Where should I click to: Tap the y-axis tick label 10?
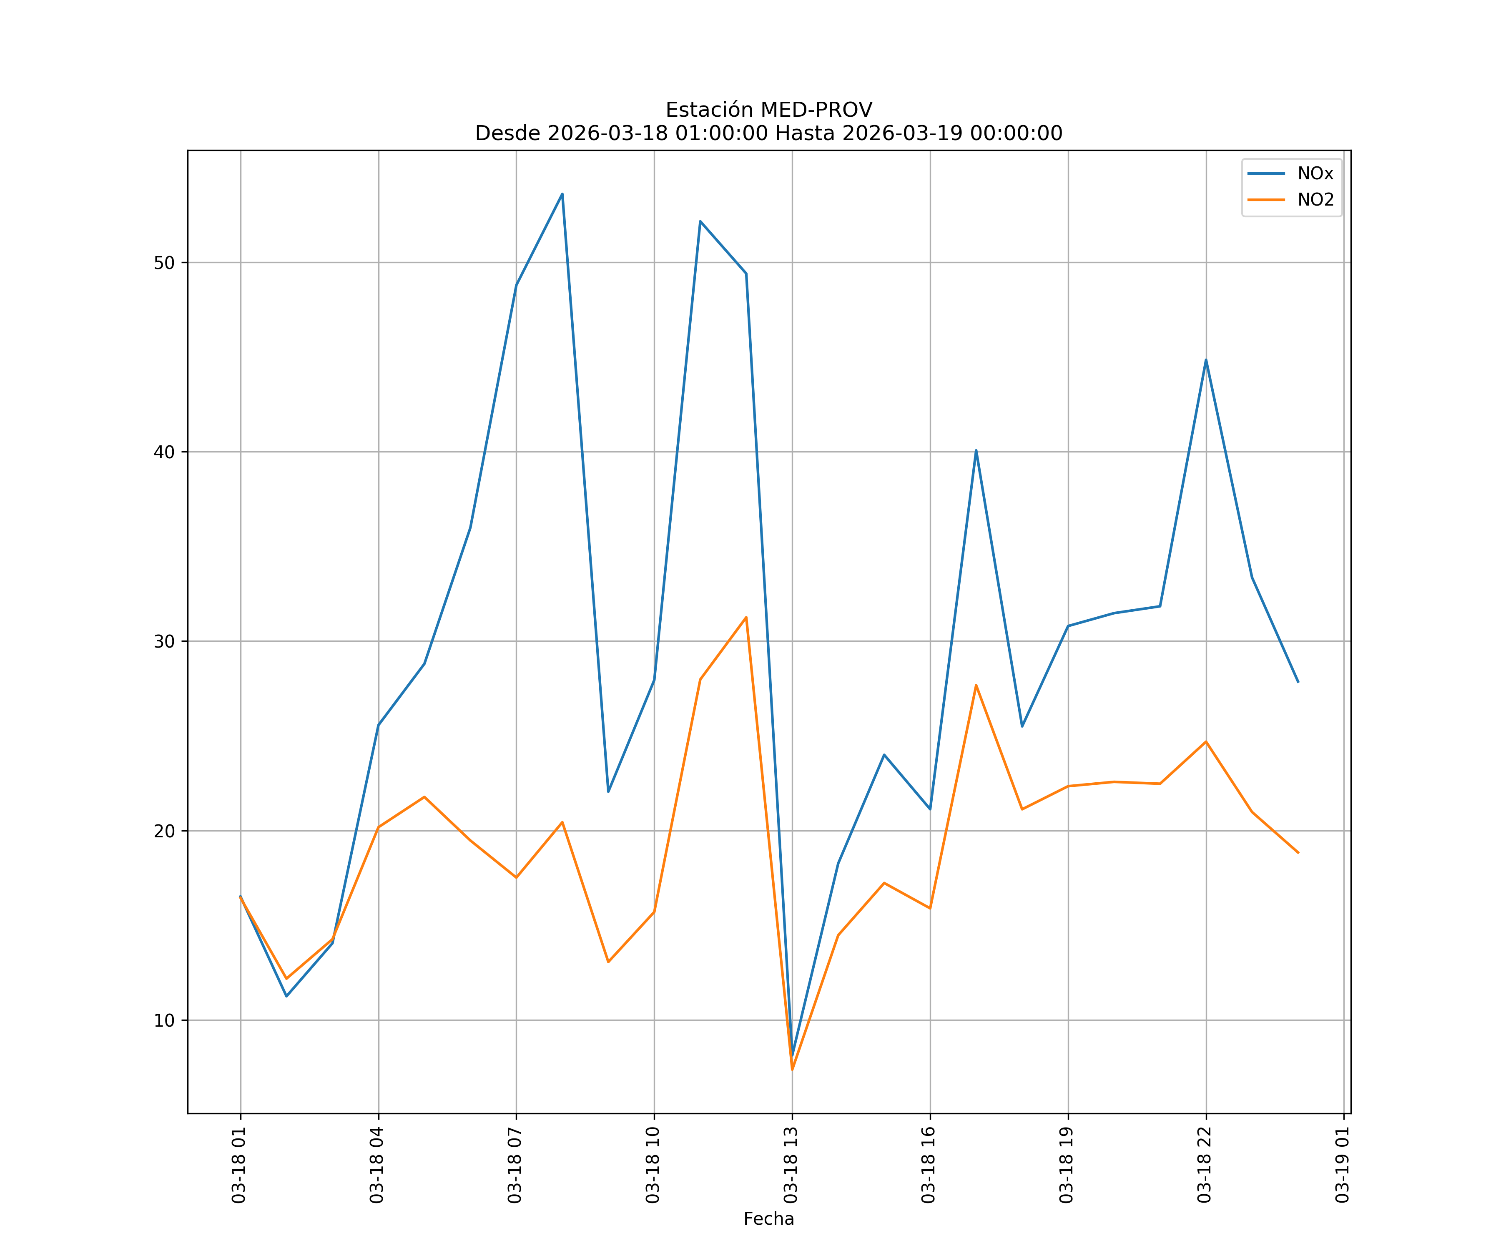pos(164,1020)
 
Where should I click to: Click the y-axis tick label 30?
pos(164,641)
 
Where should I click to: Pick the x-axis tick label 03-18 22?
pos(1205,1165)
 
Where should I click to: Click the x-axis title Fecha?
pos(768,1219)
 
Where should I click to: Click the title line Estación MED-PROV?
pos(768,110)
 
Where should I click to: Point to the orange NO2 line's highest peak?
pos(746,617)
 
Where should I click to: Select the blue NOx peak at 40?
pos(976,450)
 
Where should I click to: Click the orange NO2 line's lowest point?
pos(792,1070)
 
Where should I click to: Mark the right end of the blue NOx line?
pos(1298,682)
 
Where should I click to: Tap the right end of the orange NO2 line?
pos(1298,853)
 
